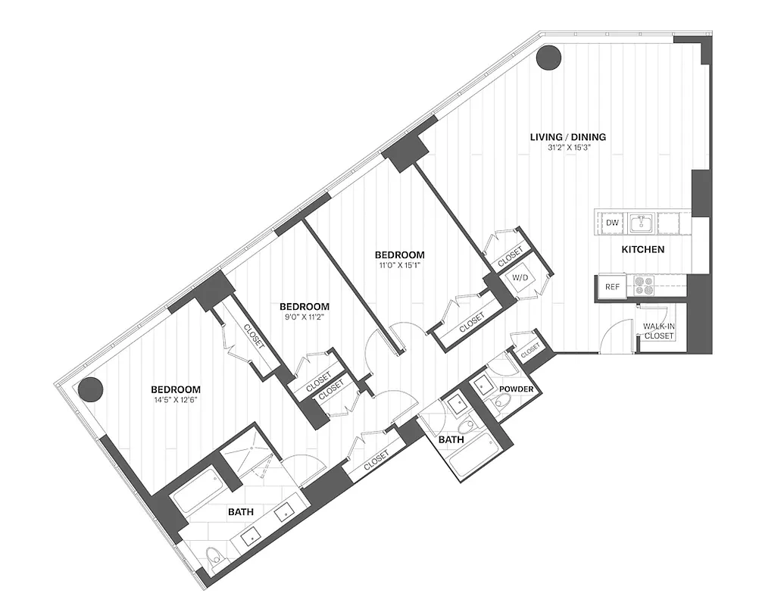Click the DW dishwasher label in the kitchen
[613, 223]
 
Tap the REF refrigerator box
[611, 288]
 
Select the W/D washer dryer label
[520, 277]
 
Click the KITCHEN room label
[643, 249]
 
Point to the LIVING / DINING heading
[568, 137]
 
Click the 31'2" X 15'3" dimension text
[568, 148]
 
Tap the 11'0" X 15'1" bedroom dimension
[398, 266]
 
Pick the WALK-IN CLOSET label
[659, 331]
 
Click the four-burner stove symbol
[644, 286]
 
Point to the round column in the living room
[548, 57]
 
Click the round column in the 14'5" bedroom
[91, 389]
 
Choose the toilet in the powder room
[503, 401]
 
